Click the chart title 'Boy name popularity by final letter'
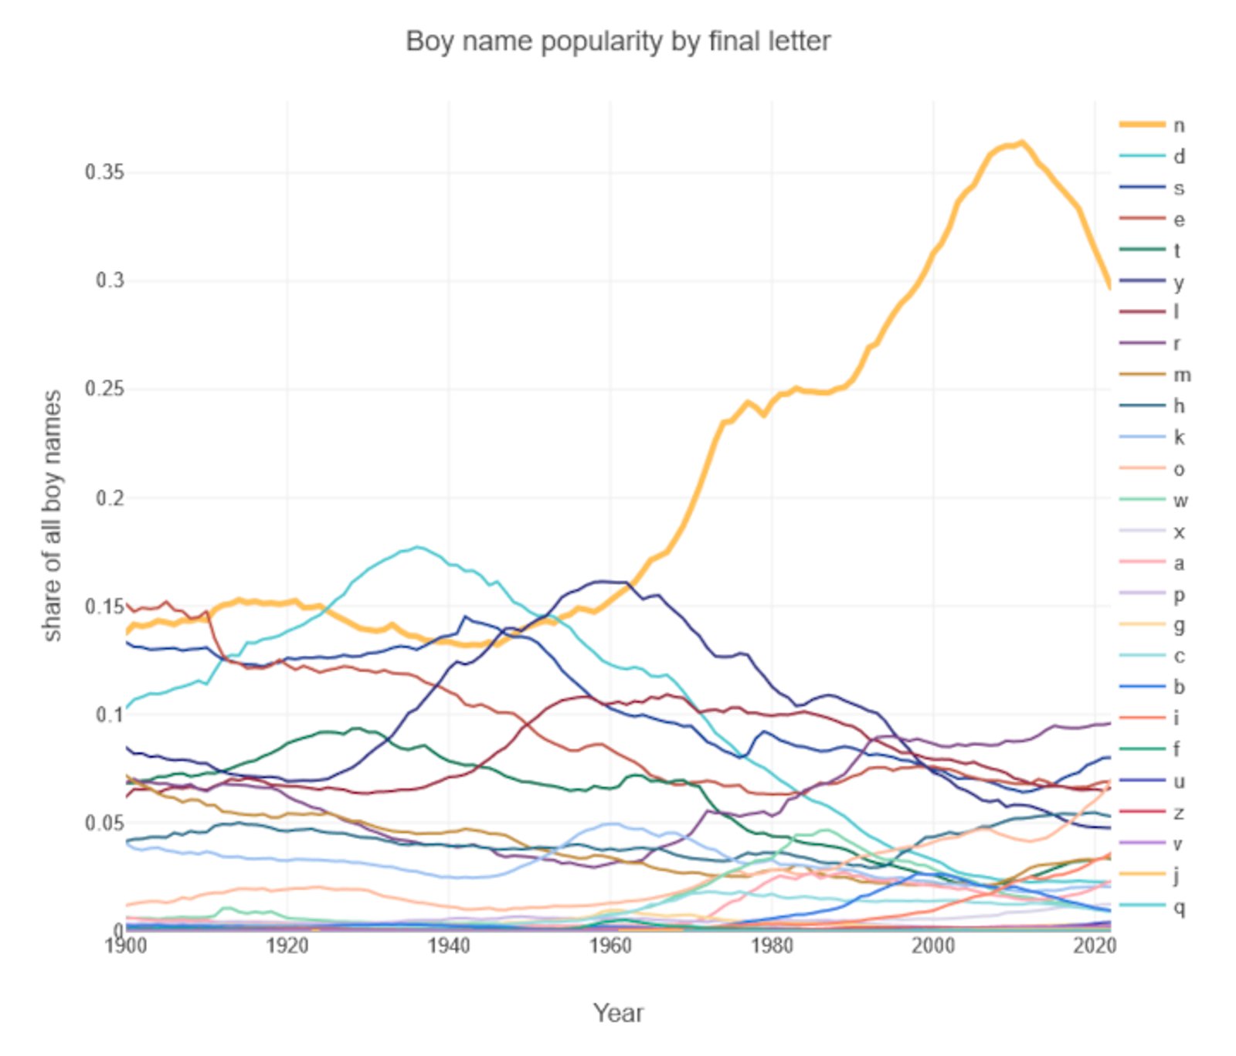[x=617, y=41]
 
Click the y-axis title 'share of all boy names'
[x=52, y=515]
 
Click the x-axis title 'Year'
[x=617, y=1012]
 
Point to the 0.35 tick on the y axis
[x=104, y=172]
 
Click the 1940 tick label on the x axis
[x=449, y=946]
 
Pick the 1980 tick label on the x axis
[x=772, y=946]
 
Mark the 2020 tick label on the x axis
[x=1094, y=946]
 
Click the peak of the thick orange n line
[x=1022, y=142]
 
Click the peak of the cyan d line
[x=418, y=547]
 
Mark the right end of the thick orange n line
[x=1110, y=287]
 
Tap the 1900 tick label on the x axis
[x=126, y=946]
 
